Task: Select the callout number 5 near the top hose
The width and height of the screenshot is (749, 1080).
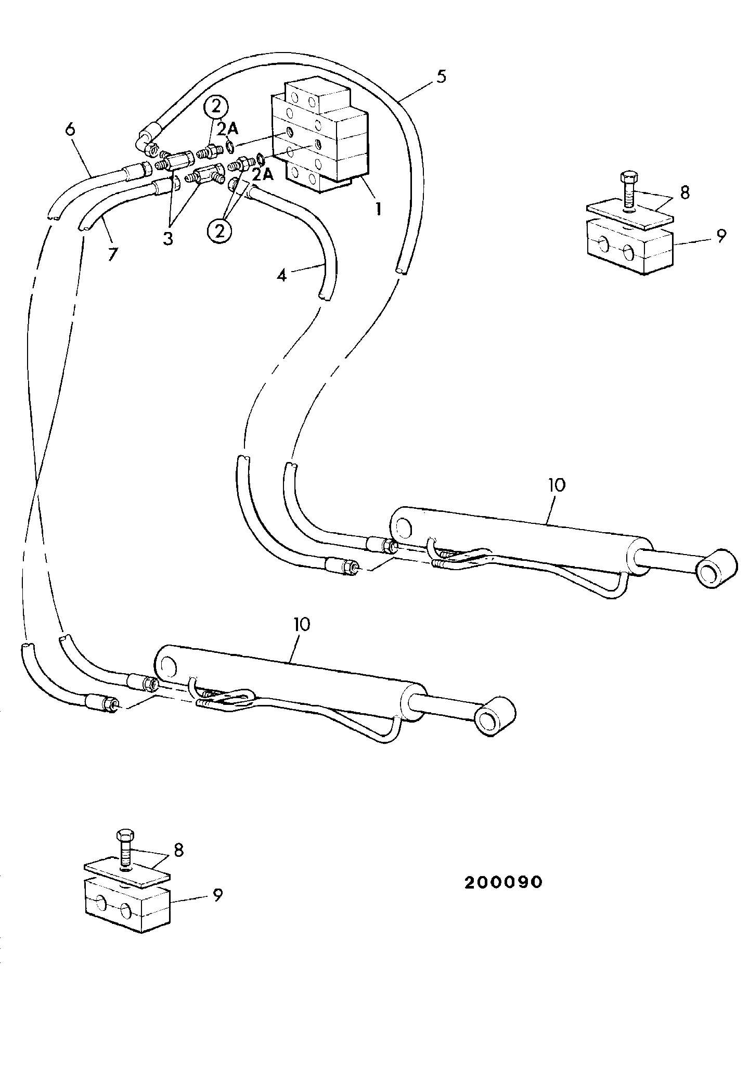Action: [x=441, y=76]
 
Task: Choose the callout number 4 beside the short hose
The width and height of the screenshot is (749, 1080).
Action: [x=281, y=275]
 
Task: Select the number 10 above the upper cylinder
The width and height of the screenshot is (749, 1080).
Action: [x=556, y=485]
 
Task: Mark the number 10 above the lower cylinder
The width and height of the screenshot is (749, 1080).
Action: [x=302, y=624]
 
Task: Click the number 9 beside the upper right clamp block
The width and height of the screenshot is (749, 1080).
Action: [x=720, y=235]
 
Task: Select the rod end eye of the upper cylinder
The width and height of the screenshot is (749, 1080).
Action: [x=716, y=569]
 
